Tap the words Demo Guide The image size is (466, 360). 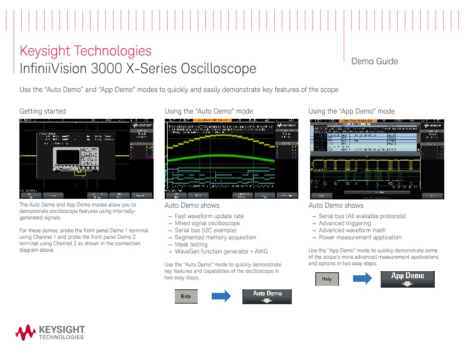[x=374, y=61]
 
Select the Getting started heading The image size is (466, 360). [x=42, y=111]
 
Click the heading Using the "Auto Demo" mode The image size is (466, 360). [x=209, y=111]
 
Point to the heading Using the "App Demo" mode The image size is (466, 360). [x=351, y=111]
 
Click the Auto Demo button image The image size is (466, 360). [x=268, y=296]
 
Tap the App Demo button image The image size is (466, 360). [x=407, y=279]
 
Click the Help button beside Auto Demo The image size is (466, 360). [x=186, y=297]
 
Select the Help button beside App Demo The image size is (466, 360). [x=328, y=279]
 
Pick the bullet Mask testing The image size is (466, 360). [x=191, y=244]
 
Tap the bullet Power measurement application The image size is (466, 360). [x=360, y=237]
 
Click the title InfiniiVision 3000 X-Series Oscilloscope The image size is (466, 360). [x=138, y=69]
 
